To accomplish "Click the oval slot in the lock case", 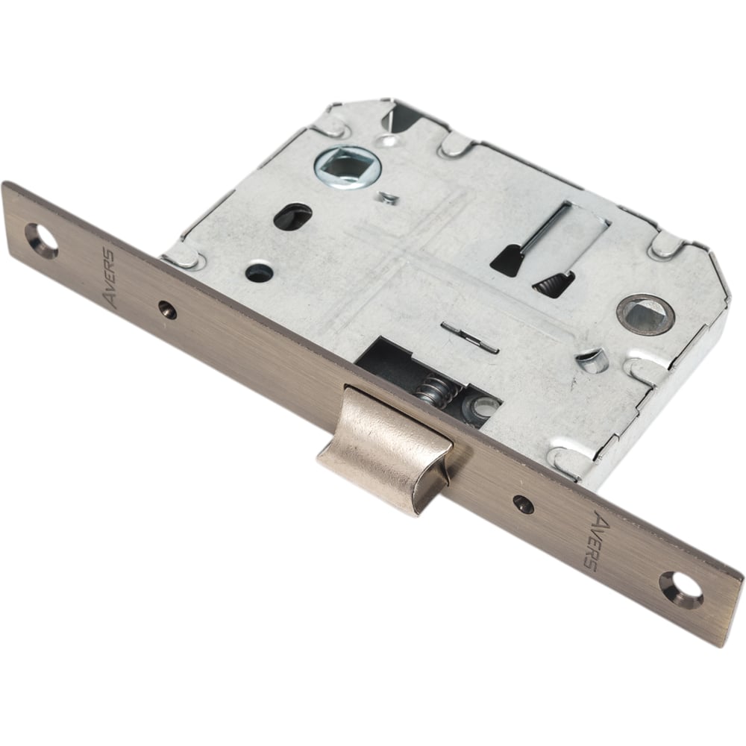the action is click(292, 216).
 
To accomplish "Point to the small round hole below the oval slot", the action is click(260, 272).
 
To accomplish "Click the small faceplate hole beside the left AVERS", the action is click(168, 310).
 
